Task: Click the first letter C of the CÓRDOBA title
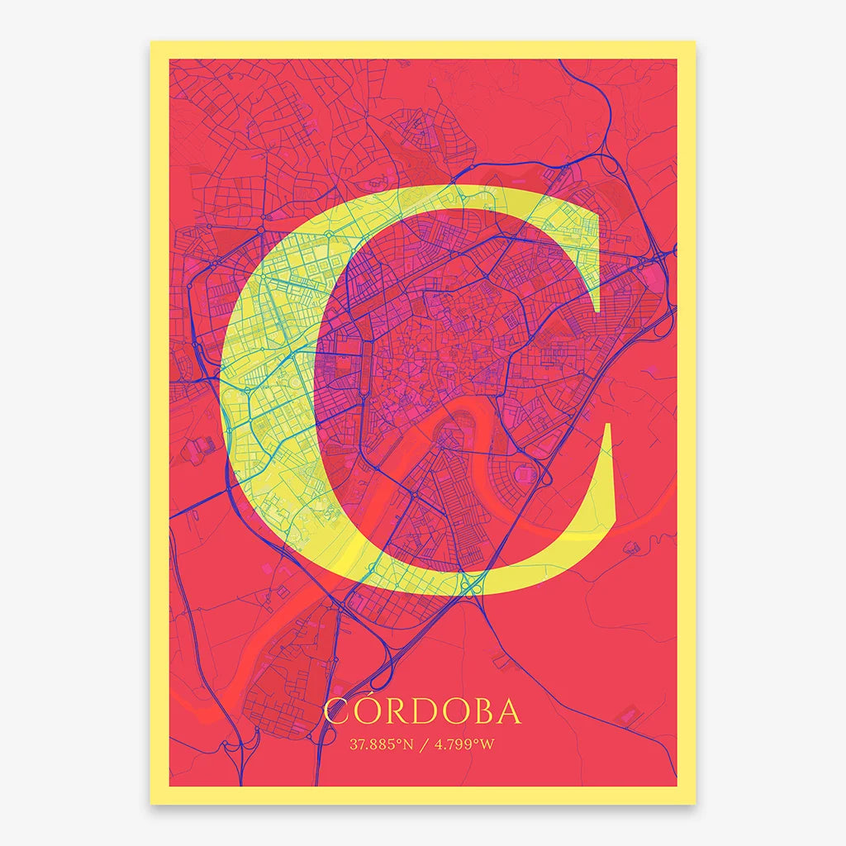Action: pyautogui.click(x=337, y=712)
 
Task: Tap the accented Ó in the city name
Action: pyautogui.click(x=368, y=712)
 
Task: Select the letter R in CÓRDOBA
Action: pyautogui.click(x=397, y=712)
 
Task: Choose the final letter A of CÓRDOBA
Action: pyautogui.click(x=511, y=712)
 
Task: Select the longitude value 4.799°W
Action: pyautogui.click(x=465, y=744)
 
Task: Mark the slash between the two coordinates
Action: pyautogui.click(x=424, y=744)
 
